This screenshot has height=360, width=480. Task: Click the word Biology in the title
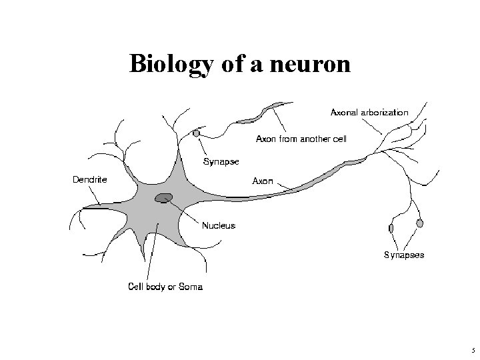(x=169, y=64)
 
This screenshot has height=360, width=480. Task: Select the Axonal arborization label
(x=369, y=112)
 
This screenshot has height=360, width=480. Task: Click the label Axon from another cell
(x=302, y=139)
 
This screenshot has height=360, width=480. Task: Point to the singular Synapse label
(x=220, y=162)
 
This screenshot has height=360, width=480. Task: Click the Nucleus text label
(x=219, y=225)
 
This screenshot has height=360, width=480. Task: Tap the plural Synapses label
(x=403, y=255)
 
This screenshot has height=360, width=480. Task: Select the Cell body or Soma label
(x=165, y=287)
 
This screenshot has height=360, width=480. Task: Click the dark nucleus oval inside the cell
(x=163, y=197)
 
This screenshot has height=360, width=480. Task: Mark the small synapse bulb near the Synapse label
(x=196, y=134)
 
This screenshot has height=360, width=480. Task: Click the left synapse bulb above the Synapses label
(x=391, y=229)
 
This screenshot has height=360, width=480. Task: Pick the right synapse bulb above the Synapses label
(x=419, y=223)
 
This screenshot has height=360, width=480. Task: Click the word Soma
(x=191, y=287)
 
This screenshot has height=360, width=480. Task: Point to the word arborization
(x=385, y=112)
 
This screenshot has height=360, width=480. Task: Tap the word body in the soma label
(x=157, y=287)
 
